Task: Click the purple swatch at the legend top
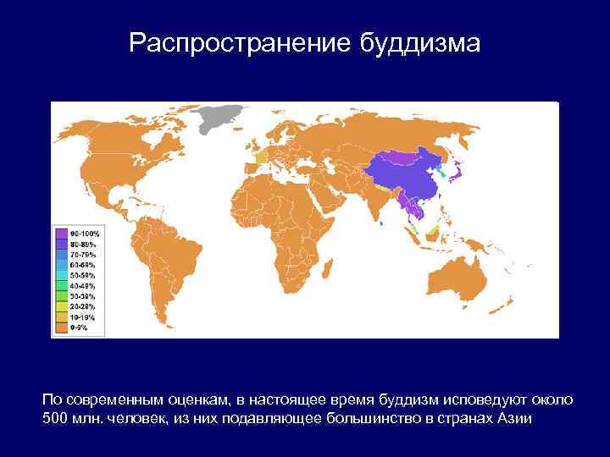[x=62, y=233]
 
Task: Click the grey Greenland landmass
[x=225, y=118]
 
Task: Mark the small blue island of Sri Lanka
[x=381, y=223]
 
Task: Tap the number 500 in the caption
[x=55, y=419]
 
